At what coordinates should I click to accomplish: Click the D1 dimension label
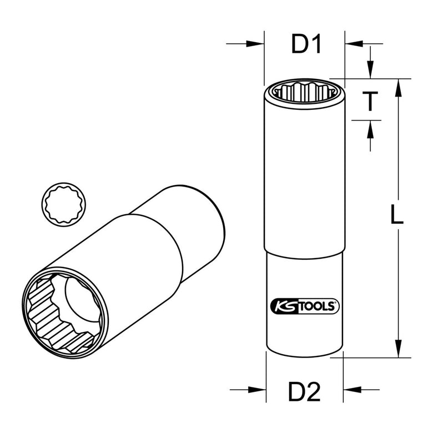[306, 44]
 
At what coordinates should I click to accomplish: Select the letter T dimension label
[370, 102]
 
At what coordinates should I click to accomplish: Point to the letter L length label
[395, 215]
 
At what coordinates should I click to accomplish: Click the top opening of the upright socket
[304, 91]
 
